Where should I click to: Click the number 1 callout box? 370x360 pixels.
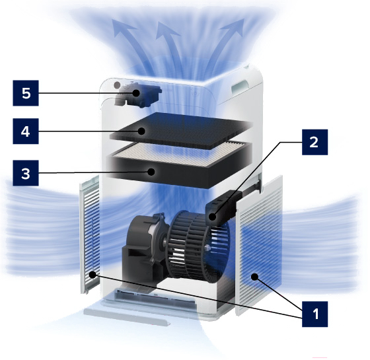314,314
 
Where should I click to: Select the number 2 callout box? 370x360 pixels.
314,142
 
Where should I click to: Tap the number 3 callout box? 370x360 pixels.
26,173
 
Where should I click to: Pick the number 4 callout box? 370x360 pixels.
26,131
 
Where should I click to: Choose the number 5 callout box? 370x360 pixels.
26,93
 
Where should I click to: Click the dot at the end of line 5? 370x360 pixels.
136,93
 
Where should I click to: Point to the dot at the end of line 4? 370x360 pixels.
141,131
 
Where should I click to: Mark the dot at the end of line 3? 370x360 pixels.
151,172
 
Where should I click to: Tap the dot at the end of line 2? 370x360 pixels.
212,217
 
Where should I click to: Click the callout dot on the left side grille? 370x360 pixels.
92,274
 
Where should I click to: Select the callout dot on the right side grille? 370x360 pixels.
254,277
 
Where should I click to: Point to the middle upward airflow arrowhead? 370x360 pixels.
166,30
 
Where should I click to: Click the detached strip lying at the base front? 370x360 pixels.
127,316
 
